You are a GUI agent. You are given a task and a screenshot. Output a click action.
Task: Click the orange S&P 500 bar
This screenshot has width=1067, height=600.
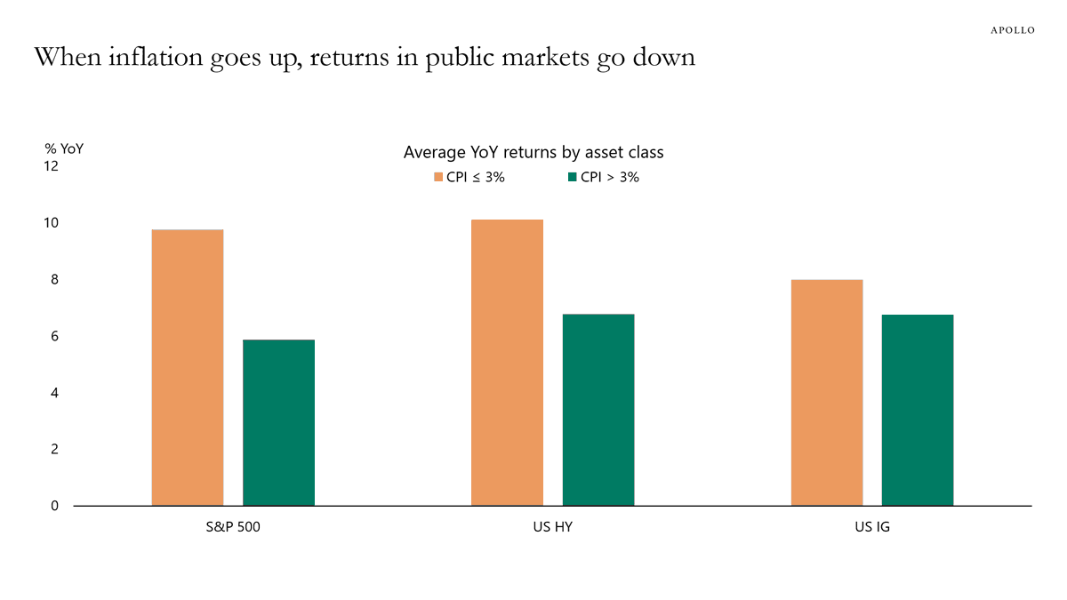[x=188, y=368]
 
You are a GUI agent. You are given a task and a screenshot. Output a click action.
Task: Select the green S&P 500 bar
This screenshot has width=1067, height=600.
[x=278, y=423]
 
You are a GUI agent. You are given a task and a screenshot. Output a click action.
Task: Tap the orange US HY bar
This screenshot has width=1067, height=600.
[x=507, y=363]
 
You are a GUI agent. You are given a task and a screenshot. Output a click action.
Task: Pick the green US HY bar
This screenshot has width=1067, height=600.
[x=598, y=410]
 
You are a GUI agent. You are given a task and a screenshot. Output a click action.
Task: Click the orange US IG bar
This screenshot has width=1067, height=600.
[x=827, y=393]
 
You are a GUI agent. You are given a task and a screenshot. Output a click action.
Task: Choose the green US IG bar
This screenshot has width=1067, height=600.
[x=918, y=410]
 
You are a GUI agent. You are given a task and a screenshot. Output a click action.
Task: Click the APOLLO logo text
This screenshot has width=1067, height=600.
[x=1013, y=30]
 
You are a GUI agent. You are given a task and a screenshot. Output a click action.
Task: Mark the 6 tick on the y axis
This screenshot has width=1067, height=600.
[x=53, y=336]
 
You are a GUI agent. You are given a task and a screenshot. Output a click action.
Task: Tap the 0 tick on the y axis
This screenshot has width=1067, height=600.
[x=53, y=506]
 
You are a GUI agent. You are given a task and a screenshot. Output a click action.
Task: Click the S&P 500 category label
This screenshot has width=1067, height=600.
[x=233, y=527]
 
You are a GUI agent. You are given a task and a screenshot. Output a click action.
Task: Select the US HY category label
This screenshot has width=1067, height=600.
[x=553, y=527]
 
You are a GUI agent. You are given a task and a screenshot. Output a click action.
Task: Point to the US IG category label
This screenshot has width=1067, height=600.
[x=872, y=527]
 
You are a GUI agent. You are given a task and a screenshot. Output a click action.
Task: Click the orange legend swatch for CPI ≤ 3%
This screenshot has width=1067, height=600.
[x=438, y=177]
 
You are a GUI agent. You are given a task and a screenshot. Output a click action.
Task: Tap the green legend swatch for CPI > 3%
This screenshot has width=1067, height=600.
[x=573, y=177]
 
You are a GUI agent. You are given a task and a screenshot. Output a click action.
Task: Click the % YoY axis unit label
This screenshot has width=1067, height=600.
[x=64, y=148]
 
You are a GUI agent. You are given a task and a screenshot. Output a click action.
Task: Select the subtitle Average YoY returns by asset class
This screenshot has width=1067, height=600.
[x=533, y=152]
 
